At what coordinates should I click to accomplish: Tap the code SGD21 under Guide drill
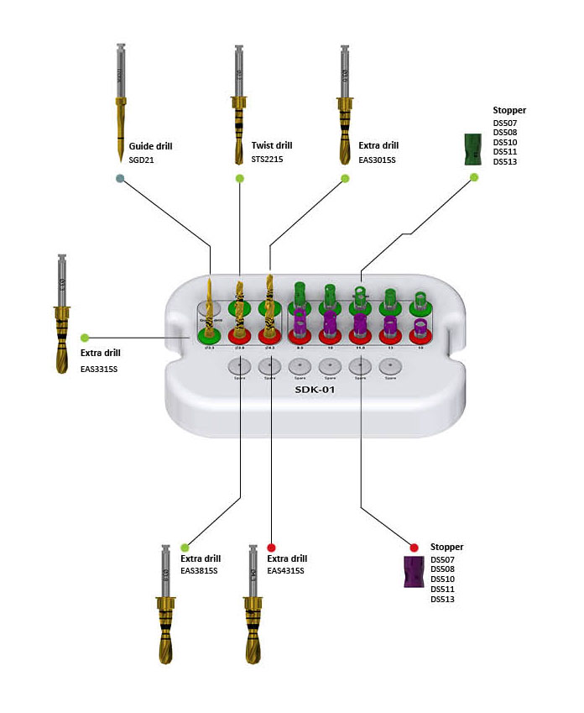pyautogui.click(x=142, y=159)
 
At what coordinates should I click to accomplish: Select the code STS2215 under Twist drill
pyautogui.click(x=267, y=159)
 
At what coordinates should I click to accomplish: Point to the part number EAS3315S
pyautogui.click(x=101, y=369)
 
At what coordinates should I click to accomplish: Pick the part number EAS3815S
pyautogui.click(x=199, y=571)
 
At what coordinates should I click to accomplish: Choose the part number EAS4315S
pyautogui.click(x=285, y=571)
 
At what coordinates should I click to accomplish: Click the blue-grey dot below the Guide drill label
pyautogui.click(x=122, y=178)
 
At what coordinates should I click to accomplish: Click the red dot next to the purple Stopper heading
pyautogui.click(x=415, y=547)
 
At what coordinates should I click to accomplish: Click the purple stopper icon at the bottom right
pyautogui.click(x=413, y=572)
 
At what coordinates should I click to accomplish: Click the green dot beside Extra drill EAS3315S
pyautogui.click(x=84, y=338)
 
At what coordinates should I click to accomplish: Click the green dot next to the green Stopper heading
pyautogui.click(x=474, y=177)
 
